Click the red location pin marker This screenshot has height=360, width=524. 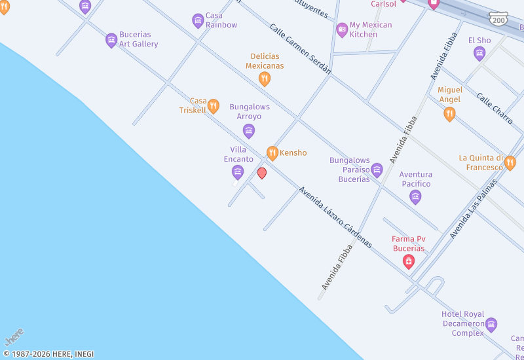pos(262,173)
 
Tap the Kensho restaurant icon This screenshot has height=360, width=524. pos(272,153)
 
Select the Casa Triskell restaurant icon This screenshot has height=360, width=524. pos(213,106)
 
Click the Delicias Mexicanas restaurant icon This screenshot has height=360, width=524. pos(265,79)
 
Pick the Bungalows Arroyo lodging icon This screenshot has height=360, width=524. pos(249,132)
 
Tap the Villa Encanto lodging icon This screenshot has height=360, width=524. pos(238,172)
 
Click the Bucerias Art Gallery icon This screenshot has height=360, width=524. pos(111,41)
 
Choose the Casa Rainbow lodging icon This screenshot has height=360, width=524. pos(198,21)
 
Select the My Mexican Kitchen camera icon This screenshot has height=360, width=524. pos(342,29)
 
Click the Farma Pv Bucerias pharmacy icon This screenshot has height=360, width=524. pos(409,262)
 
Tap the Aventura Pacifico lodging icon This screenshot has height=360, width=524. pos(415,196)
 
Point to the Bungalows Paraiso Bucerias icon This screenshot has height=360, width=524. pos(377,170)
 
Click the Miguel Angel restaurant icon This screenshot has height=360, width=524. pos(449,114)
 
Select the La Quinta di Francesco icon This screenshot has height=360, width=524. pos(510,163)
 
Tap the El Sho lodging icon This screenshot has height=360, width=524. pos(479,54)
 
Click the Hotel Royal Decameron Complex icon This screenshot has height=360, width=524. pos(491,325)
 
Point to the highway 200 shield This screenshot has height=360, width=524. pos(499,20)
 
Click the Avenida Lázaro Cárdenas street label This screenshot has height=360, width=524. pos(335,217)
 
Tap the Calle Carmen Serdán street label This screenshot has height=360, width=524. pos(301,48)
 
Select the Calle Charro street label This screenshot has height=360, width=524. pos(495,109)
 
